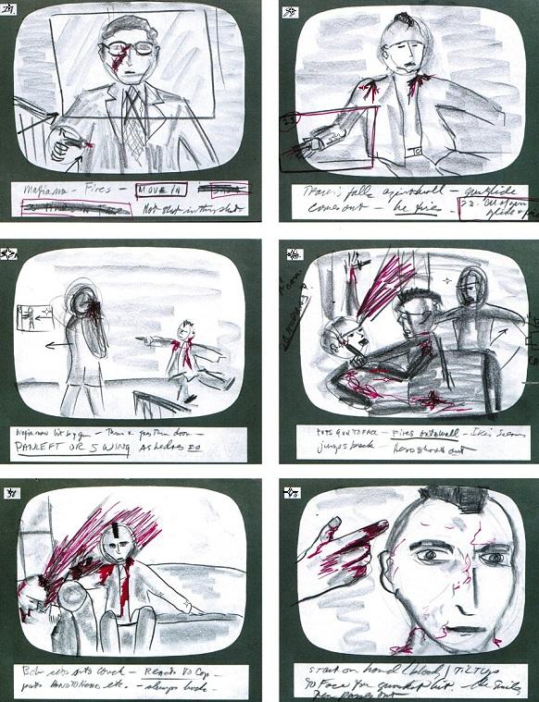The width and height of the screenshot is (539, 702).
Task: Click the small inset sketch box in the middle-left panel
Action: (32, 320)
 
